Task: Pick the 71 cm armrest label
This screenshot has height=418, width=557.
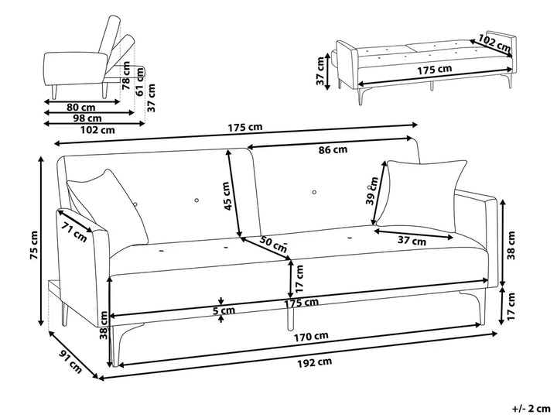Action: pyautogui.click(x=75, y=231)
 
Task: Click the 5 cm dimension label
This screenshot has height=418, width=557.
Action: pyautogui.click(x=225, y=311)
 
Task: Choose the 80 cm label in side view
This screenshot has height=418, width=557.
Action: pyautogui.click(x=81, y=107)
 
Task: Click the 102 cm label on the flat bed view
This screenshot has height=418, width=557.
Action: pyautogui.click(x=494, y=43)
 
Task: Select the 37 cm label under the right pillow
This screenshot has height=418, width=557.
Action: pyautogui.click(x=412, y=241)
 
